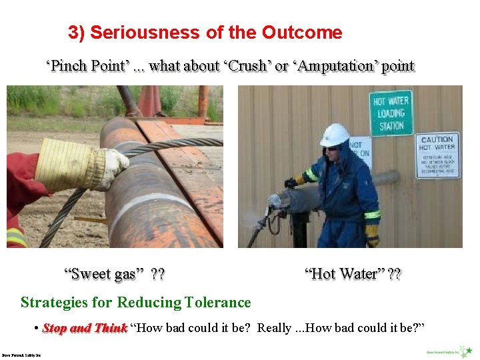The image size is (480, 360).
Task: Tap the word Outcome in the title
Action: (x=302, y=33)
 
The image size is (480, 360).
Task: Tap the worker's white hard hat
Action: (x=334, y=134)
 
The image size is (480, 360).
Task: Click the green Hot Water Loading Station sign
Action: (x=391, y=113)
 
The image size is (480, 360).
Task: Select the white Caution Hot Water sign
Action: (x=437, y=155)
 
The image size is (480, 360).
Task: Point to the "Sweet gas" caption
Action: (x=114, y=274)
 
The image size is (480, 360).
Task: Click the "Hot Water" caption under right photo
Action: (x=353, y=274)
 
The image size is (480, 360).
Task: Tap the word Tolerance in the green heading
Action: (x=217, y=303)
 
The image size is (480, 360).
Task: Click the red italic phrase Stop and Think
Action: (x=85, y=328)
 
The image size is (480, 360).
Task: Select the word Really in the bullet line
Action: (x=274, y=328)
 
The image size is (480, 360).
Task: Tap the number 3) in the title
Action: (x=76, y=33)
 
